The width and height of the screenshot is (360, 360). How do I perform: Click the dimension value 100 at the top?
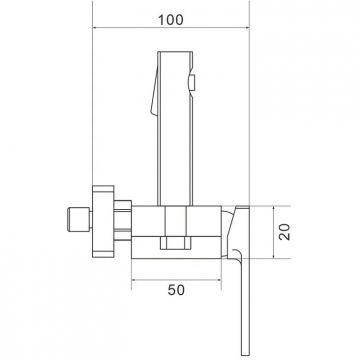click(x=170, y=20)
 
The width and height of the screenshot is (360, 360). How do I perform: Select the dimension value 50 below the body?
click(x=176, y=290)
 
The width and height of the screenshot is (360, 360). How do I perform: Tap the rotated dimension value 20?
click(x=285, y=232)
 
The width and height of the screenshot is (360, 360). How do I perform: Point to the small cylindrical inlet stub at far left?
click(x=79, y=219)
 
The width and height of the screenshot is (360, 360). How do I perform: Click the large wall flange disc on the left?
click(x=103, y=222)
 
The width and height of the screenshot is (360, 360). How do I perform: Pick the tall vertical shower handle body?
click(x=175, y=128)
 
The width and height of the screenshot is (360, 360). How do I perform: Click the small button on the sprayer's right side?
click(x=192, y=83)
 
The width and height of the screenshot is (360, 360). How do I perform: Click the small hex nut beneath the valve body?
click(x=176, y=243)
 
